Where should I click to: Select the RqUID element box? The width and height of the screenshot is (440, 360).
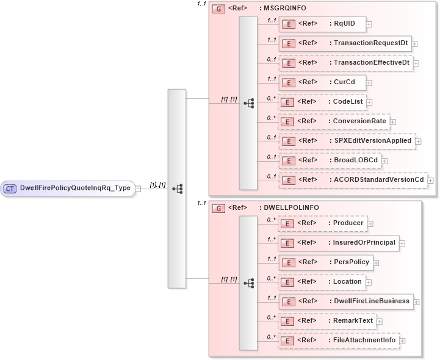pyautogui.click(x=322, y=24)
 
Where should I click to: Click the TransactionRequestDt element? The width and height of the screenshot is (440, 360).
pyautogui.click(x=344, y=43)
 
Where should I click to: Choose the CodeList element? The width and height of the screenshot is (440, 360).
pyautogui.click(x=322, y=102)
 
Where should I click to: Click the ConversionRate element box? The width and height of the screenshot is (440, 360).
pyautogui.click(x=333, y=121)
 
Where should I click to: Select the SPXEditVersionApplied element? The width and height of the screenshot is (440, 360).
pyautogui.click(x=346, y=141)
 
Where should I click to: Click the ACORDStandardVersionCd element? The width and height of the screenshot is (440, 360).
pyautogui.click(x=352, y=180)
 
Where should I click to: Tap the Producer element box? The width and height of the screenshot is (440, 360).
pyautogui.click(x=322, y=223)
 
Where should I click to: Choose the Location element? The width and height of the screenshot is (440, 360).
pyautogui.click(x=322, y=282)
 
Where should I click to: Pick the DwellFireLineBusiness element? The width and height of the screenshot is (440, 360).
pyautogui.click(x=345, y=301)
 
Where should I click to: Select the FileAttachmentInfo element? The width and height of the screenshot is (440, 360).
pyautogui.click(x=338, y=340)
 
